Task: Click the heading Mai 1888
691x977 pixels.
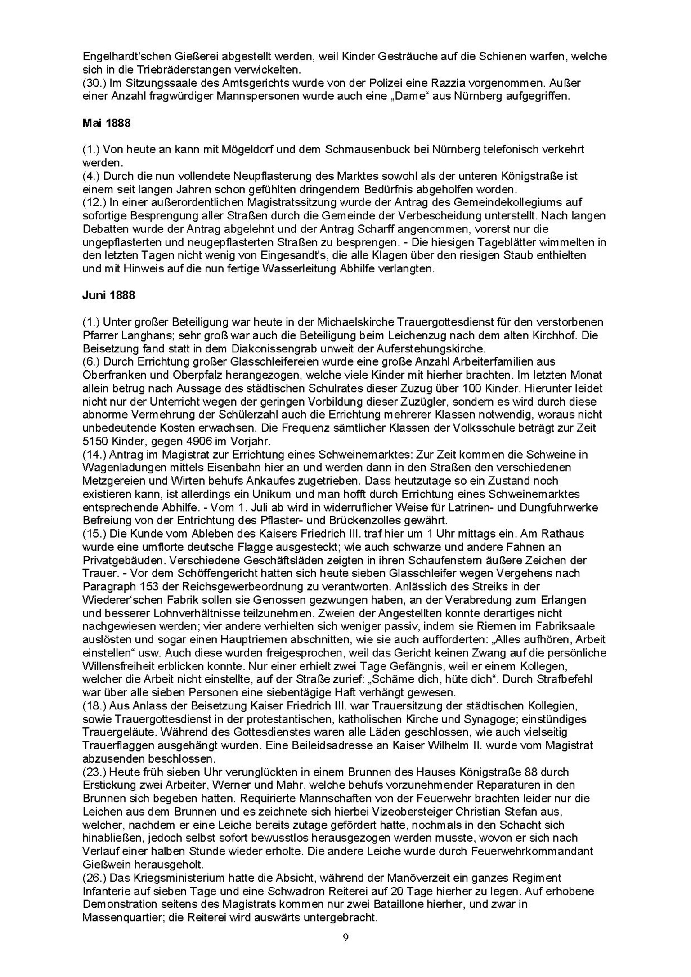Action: (x=106, y=123)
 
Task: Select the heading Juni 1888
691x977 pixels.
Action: (x=108, y=295)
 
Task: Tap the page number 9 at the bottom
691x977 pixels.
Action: (x=345, y=937)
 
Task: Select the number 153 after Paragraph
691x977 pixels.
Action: (x=145, y=587)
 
